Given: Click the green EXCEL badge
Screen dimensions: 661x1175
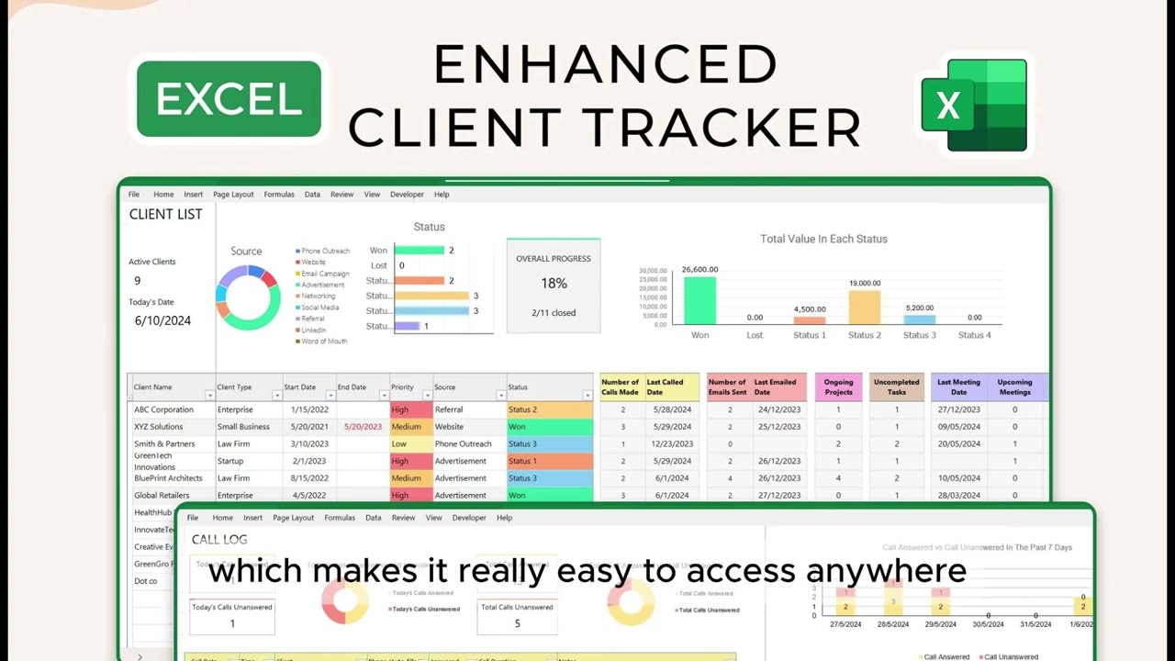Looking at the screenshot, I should [229, 99].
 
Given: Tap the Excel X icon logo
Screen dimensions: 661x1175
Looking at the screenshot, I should [974, 105].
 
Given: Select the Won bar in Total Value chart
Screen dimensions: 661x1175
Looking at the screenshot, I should [699, 300].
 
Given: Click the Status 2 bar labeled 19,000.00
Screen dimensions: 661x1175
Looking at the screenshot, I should [864, 308].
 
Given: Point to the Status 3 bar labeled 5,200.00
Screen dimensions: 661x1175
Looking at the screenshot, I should [919, 319].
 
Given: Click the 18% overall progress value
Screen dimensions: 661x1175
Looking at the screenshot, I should [554, 284].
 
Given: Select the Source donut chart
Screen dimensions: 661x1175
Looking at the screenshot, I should [248, 297].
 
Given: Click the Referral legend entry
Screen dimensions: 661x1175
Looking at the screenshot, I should [314, 319].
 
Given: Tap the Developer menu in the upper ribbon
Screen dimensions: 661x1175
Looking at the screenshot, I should [407, 195].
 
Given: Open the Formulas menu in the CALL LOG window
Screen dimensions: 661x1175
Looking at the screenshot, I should [340, 518].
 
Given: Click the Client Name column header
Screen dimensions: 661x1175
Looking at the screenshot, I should [153, 387].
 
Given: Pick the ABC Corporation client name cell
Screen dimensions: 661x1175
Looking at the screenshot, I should [163, 409].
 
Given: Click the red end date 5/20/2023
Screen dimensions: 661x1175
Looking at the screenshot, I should [363, 427].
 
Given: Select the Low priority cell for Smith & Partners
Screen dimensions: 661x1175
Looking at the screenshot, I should [399, 444].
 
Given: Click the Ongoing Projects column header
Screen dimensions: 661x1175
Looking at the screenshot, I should [838, 387].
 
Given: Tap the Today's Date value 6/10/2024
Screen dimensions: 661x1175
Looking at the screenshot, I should [162, 320].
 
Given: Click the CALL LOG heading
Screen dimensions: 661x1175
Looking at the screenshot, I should [219, 540].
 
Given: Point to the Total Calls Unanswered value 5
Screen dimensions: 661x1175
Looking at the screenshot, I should [517, 623].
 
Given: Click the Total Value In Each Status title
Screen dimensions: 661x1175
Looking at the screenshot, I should [823, 239].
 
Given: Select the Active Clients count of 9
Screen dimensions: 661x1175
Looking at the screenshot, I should [138, 281].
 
